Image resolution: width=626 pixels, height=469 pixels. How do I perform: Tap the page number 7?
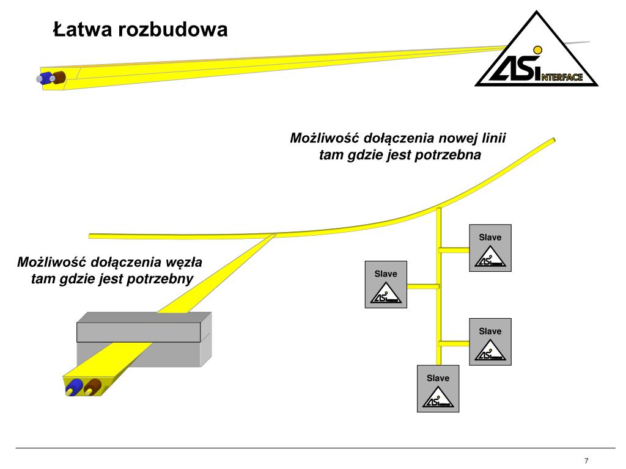(x=586, y=460)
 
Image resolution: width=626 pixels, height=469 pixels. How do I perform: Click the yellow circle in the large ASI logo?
(x=537, y=49)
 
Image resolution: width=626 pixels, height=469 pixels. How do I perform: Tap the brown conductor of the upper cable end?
(x=59, y=78)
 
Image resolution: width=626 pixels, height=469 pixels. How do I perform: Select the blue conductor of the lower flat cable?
(x=75, y=387)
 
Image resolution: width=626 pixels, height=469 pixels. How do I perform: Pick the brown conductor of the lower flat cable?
(x=93, y=387)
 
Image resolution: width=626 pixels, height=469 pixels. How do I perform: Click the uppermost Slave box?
(x=490, y=248)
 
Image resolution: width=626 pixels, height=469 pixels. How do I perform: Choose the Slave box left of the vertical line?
(x=386, y=285)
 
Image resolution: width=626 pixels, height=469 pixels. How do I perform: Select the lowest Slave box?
(x=438, y=389)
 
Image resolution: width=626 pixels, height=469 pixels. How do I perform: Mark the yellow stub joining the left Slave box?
(x=422, y=286)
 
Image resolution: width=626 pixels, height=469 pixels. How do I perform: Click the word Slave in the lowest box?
(x=438, y=378)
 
